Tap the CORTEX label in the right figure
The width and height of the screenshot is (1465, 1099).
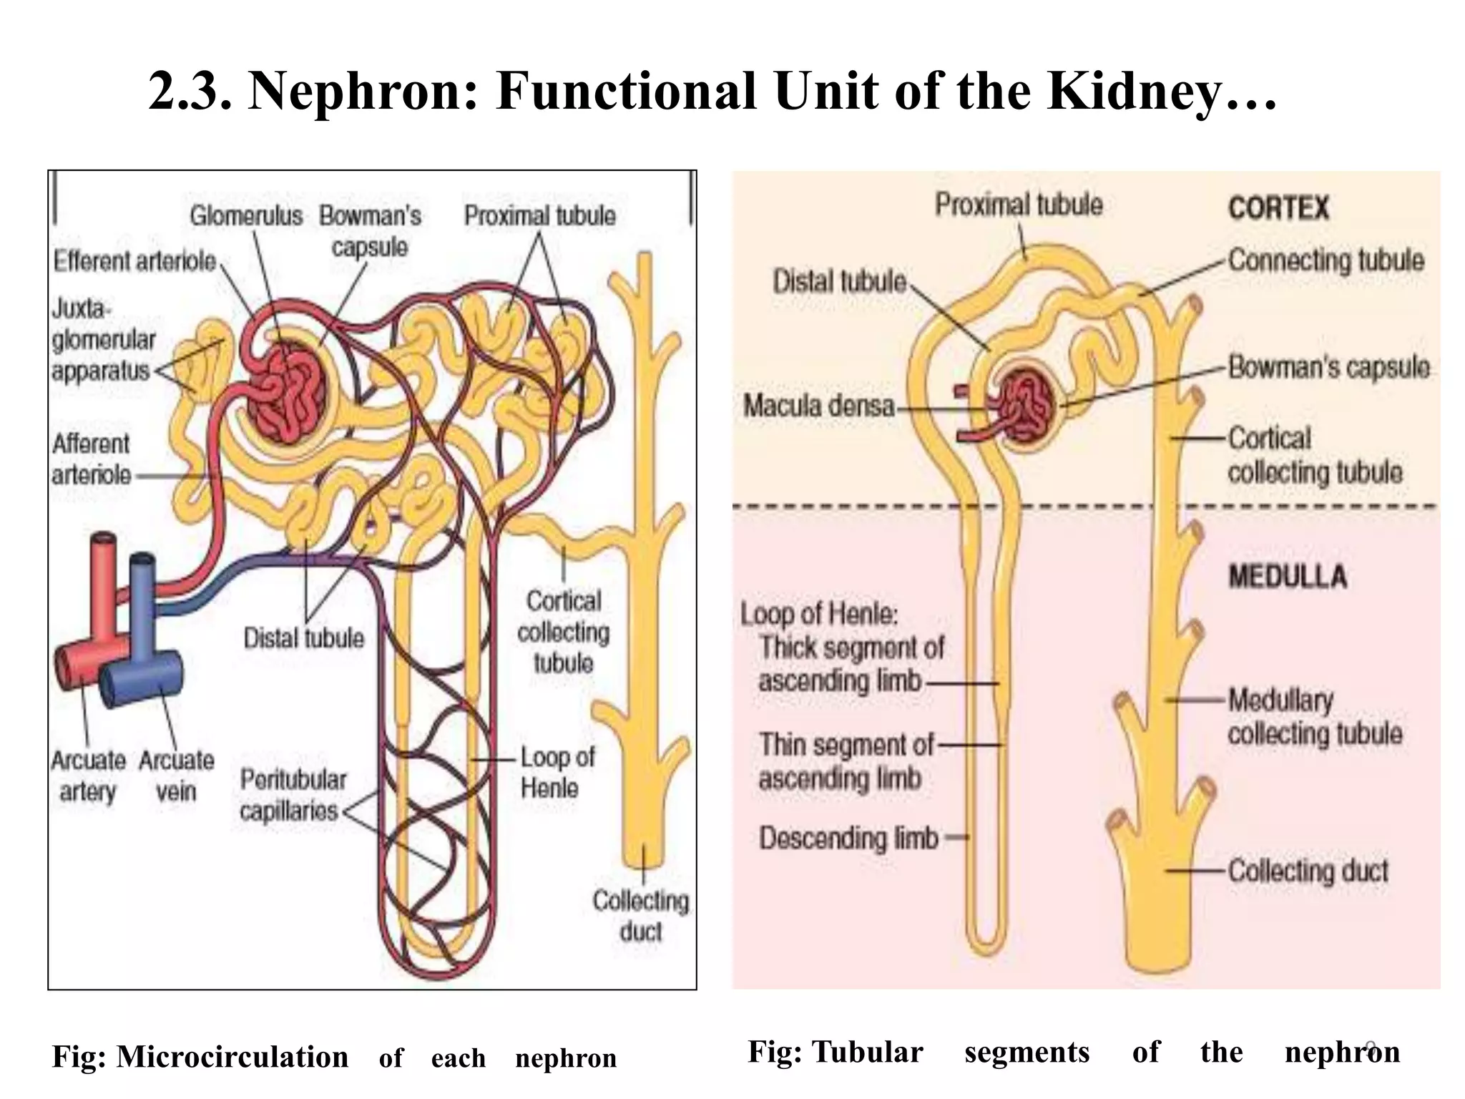(1278, 208)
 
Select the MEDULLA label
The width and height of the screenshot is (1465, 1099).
(1287, 577)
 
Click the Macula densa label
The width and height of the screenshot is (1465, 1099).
(818, 406)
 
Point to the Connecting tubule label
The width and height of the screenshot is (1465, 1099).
(1326, 260)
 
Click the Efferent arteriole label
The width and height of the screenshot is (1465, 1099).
(134, 261)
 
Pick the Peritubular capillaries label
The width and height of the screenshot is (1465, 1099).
(292, 795)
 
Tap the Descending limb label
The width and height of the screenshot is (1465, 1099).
(848, 838)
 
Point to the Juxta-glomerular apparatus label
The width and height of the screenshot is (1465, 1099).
(102, 340)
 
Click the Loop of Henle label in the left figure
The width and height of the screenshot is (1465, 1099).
(556, 772)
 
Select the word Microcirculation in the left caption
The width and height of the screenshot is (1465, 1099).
(232, 1057)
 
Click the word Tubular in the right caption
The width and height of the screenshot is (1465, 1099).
(867, 1052)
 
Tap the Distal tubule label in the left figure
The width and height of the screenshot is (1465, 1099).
(303, 638)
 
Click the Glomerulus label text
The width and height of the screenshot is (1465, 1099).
(245, 215)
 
